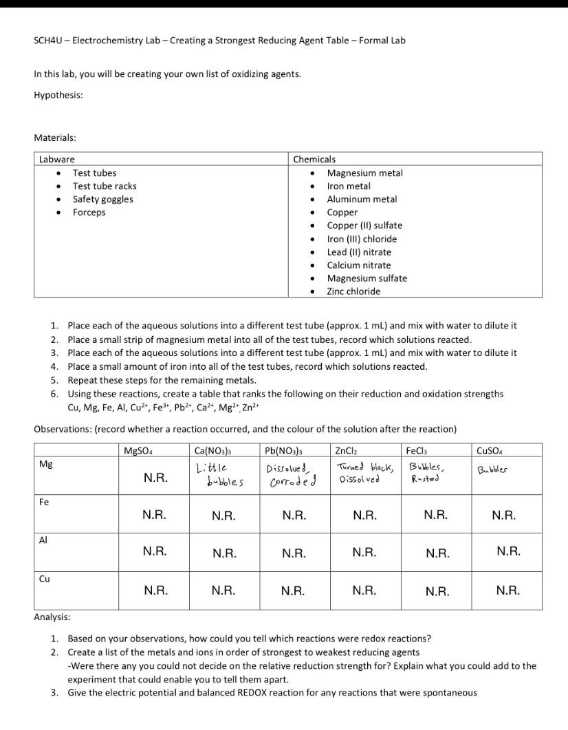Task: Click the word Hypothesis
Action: (58, 95)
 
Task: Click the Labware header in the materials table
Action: (56, 159)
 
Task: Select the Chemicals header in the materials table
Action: (314, 159)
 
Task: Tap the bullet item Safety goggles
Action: (102, 199)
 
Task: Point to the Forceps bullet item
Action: (89, 212)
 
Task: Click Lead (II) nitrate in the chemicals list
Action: (358, 252)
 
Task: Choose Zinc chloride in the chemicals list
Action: (353, 291)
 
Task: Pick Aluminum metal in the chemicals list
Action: (361, 199)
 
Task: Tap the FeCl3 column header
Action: (419, 451)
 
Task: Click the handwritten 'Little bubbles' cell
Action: (219, 475)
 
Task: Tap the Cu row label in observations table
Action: (44, 579)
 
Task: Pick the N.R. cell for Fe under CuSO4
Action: (507, 515)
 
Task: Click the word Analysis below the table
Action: (52, 617)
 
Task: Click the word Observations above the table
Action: (62, 429)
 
